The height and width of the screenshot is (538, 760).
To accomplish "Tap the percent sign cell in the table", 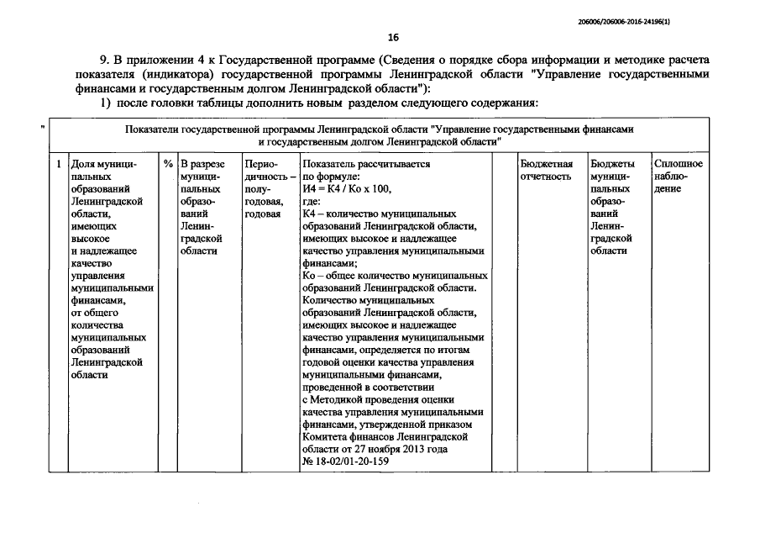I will tap(168, 164).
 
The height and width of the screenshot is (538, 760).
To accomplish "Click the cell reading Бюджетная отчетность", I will tap(547, 171).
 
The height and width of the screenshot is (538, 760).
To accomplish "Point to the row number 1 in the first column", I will tap(57, 164).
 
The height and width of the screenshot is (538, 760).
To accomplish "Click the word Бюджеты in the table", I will tap(612, 164).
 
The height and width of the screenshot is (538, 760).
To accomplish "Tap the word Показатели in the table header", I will tap(152, 129).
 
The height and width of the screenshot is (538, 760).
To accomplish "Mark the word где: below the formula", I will tap(312, 203).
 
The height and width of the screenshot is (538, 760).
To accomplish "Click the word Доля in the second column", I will tap(84, 164).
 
